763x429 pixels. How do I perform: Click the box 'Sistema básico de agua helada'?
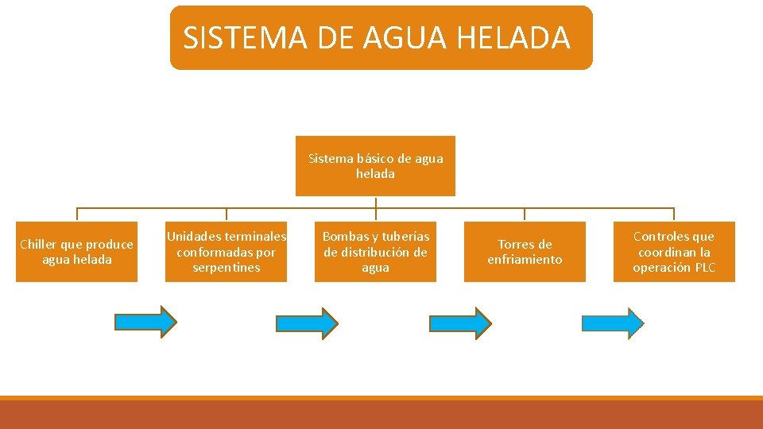pos(375,166)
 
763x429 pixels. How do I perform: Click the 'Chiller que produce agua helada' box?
pos(76,252)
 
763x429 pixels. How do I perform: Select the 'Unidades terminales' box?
pos(226,252)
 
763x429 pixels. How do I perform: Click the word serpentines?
pos(226,268)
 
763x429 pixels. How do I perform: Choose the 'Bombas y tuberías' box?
pos(375,252)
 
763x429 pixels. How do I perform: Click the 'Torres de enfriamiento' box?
pos(525,252)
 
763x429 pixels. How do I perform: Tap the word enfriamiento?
pos(525,260)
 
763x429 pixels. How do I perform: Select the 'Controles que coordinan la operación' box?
pos(674,252)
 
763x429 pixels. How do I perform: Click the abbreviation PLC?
pos(704,268)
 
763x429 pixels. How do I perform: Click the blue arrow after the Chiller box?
pos(145,322)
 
